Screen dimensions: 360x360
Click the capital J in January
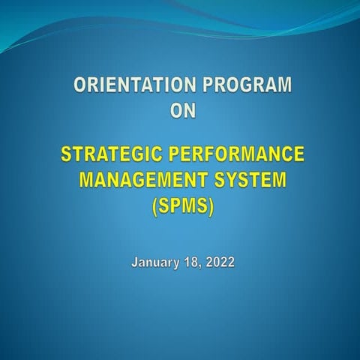click(135, 262)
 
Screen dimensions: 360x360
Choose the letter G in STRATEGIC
click(143, 156)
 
